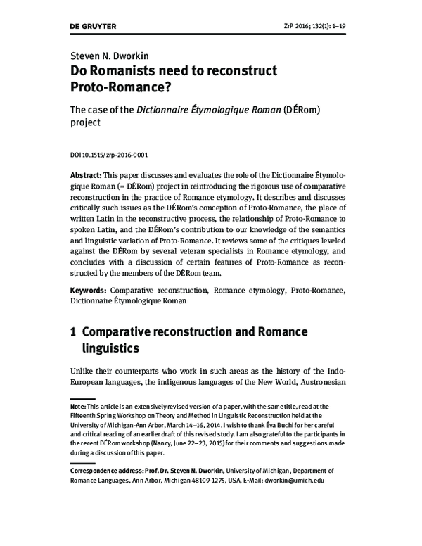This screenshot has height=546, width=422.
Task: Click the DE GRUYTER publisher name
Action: [x=96, y=27]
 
